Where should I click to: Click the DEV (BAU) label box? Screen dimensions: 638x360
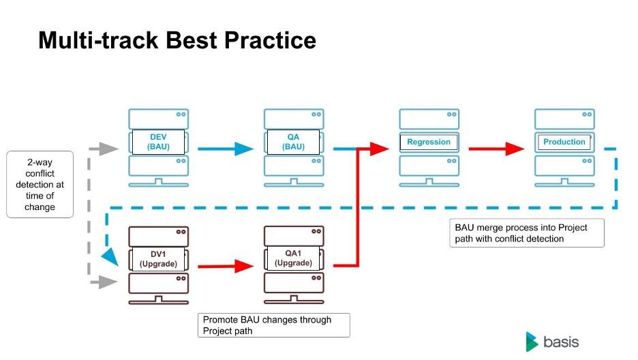click(x=158, y=142)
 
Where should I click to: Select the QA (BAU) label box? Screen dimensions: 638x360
click(x=293, y=142)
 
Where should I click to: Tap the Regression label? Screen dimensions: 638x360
click(x=429, y=142)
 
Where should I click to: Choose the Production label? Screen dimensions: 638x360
click(x=564, y=142)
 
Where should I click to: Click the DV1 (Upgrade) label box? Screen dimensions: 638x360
click(x=158, y=258)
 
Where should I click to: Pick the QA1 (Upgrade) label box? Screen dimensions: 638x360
click(x=293, y=258)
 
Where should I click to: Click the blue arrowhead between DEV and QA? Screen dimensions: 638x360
click(x=244, y=149)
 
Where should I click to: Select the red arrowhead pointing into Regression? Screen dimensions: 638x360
click(x=379, y=149)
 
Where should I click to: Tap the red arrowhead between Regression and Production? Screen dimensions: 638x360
click(x=515, y=149)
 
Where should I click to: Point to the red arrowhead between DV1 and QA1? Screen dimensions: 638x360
click(x=244, y=267)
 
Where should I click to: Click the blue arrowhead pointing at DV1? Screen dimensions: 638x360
click(x=110, y=257)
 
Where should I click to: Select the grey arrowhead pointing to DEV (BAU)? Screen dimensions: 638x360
click(x=109, y=149)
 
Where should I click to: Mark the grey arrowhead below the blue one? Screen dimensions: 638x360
click(x=108, y=282)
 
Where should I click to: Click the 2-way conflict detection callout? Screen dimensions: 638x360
click(x=40, y=184)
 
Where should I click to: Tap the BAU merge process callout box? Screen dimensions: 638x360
click(x=527, y=233)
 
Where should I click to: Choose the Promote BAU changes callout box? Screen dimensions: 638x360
click(x=274, y=325)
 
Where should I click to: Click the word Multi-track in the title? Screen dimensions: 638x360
click(x=98, y=40)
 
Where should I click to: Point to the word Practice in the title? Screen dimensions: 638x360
click(x=270, y=40)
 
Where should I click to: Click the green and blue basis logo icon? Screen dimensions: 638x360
click(x=532, y=342)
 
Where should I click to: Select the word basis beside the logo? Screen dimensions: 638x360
click(x=561, y=342)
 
